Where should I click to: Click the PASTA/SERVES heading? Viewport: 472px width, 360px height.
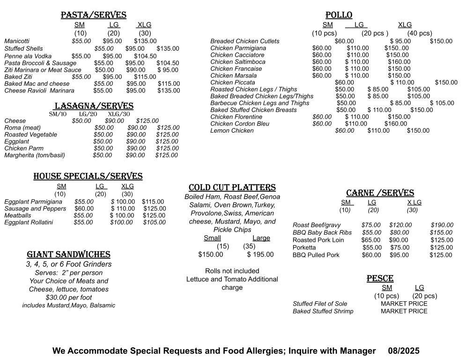[94, 15]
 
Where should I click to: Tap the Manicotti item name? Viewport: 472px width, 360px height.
[17, 41]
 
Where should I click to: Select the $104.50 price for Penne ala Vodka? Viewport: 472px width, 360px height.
[145, 56]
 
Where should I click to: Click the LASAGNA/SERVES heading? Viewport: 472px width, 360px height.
[94, 106]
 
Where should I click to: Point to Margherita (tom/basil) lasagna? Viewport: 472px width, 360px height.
[35, 155]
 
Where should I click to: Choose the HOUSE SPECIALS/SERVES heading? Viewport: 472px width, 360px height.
[88, 177]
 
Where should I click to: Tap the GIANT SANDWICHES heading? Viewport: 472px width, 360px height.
[68, 255]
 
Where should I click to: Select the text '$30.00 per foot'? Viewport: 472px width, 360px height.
[69, 298]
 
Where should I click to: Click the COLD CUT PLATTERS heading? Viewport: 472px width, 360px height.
[232, 188]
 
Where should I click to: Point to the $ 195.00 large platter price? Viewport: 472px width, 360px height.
[260, 255]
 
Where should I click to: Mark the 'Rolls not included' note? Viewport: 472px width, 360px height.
[232, 271]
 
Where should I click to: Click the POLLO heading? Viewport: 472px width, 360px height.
[339, 15]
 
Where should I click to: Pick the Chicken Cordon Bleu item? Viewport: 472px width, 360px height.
[240, 124]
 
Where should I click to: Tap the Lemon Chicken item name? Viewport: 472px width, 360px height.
[232, 131]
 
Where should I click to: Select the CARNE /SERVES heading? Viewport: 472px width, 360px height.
[380, 193]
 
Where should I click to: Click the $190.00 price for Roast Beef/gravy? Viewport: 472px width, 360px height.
[442, 225]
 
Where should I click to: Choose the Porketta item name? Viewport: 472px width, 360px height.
[304, 247]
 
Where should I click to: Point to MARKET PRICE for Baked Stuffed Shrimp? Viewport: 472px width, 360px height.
[404, 311]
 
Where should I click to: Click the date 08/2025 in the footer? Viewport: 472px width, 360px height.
[404, 351]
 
